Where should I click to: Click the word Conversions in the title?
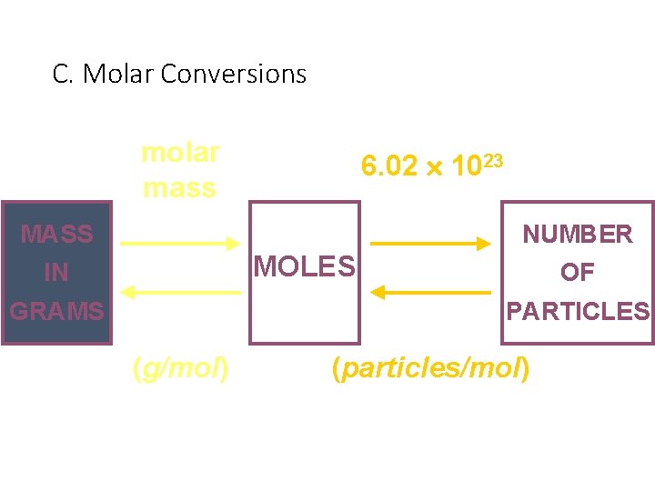click(x=233, y=74)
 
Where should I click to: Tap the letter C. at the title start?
click(x=63, y=74)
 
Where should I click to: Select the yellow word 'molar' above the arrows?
click(x=180, y=153)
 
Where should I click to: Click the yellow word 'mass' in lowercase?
click(x=179, y=188)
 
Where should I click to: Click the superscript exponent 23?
click(x=492, y=160)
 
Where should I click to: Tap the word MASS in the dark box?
click(x=56, y=234)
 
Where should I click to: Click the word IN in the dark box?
click(x=56, y=272)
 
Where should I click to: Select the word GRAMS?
click(x=56, y=311)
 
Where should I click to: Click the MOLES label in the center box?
click(x=304, y=266)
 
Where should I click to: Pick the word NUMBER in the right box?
click(x=578, y=235)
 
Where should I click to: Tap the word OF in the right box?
click(x=578, y=272)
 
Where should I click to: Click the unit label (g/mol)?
click(x=180, y=368)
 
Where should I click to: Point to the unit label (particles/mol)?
click(x=430, y=368)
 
